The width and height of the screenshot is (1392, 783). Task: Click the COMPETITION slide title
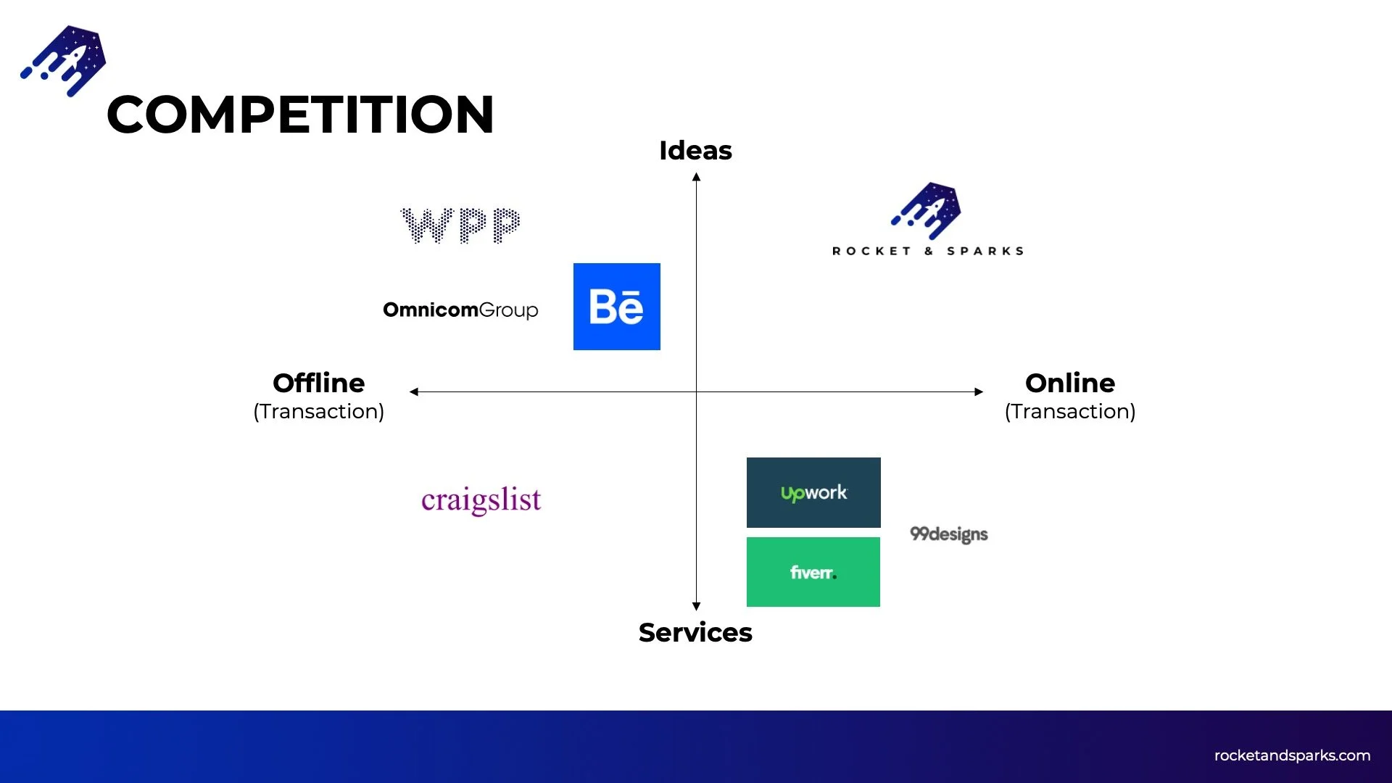click(300, 115)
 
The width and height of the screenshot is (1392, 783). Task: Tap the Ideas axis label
click(695, 151)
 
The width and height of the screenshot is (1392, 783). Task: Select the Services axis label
click(695, 633)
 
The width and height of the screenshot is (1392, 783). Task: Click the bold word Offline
click(318, 383)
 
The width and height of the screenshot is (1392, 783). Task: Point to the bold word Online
click(1070, 383)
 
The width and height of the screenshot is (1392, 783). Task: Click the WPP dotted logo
click(460, 225)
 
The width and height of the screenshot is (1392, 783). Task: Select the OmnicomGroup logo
click(460, 310)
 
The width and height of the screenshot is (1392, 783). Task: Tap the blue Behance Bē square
click(616, 307)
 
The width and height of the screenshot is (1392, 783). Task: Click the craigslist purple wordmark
click(481, 500)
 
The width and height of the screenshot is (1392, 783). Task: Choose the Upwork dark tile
click(813, 492)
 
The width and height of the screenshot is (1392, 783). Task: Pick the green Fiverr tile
click(813, 572)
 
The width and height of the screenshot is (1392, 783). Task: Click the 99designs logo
click(948, 534)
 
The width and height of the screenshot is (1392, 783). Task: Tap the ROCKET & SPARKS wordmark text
click(928, 251)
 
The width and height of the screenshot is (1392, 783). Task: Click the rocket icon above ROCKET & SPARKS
click(927, 210)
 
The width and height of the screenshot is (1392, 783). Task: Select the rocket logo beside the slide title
click(64, 60)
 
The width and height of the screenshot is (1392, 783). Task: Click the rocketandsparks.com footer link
click(1292, 755)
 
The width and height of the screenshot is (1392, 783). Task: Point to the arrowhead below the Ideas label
click(696, 177)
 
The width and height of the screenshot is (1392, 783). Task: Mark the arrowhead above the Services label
click(696, 606)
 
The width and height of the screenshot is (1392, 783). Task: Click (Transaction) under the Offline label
click(318, 411)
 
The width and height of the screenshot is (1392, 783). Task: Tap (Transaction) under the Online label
click(1070, 411)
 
